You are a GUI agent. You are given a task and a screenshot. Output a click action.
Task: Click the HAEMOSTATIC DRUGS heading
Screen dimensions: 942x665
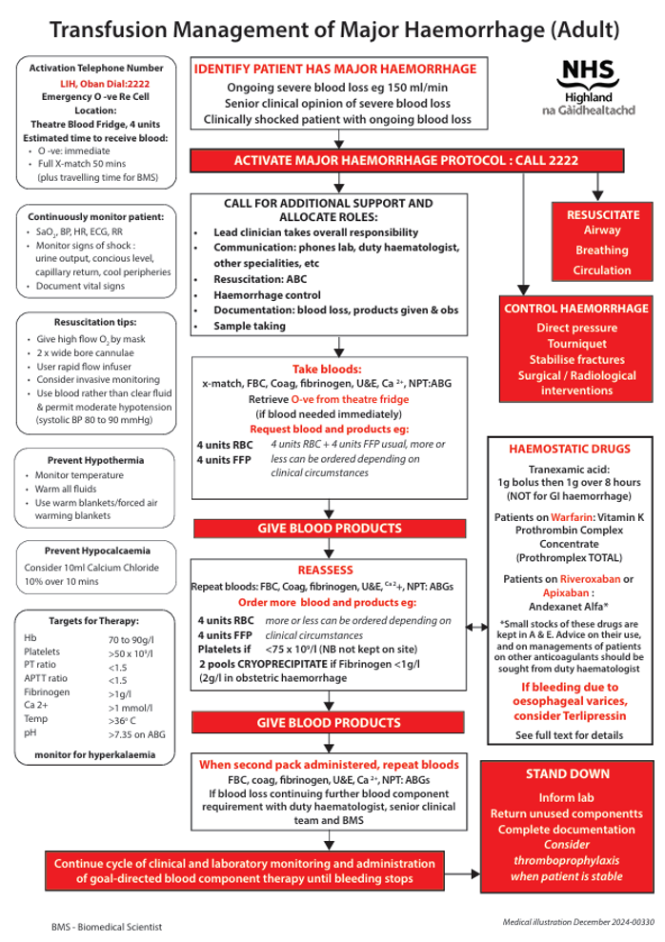coord(569,447)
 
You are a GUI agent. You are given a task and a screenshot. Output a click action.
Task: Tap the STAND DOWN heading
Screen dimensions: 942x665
coord(568,774)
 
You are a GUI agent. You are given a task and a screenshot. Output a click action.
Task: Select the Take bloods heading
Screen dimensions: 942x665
coord(327,370)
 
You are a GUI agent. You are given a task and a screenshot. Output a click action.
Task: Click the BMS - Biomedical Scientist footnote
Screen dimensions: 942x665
coord(107,925)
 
